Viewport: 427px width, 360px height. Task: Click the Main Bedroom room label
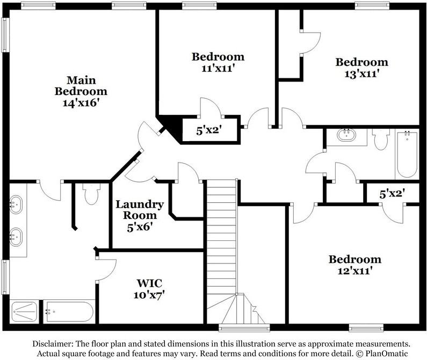coord(81,85)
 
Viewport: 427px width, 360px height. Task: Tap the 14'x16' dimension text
coord(81,102)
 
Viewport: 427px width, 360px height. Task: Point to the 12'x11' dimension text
coord(355,271)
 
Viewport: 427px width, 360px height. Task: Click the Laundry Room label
coord(140,210)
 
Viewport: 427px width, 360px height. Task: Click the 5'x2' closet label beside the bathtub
coord(391,194)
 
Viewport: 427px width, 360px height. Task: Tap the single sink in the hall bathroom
coord(346,136)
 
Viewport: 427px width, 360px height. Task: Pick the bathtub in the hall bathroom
coord(407,155)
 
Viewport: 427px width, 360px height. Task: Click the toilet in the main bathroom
coord(91,193)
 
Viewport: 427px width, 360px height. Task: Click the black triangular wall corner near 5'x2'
coord(171,127)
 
